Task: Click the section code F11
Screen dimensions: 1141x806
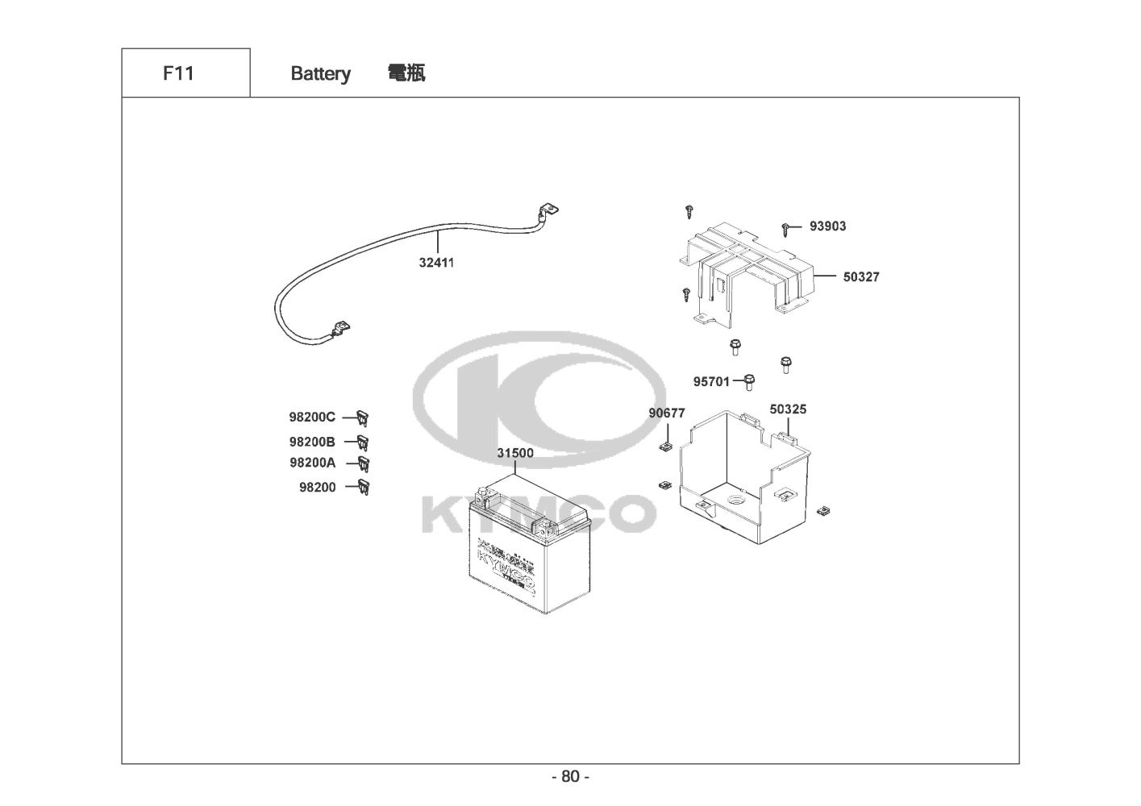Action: coord(178,73)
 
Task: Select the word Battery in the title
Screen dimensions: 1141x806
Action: coord(320,74)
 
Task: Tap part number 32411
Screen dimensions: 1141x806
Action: coord(436,262)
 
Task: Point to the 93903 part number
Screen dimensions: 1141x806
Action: coord(827,226)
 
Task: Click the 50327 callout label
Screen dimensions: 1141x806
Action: coord(861,276)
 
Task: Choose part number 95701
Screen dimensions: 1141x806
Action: coord(711,381)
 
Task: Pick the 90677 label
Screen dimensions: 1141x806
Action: coord(667,413)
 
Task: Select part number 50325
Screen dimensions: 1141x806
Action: coord(788,409)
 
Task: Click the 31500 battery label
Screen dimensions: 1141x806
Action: coord(514,453)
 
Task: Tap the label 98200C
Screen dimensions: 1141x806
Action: coord(312,418)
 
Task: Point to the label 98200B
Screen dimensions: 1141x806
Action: coord(312,442)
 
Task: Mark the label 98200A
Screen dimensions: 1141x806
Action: coord(312,463)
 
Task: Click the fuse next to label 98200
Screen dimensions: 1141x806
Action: coord(364,486)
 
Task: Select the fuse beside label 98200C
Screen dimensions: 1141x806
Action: coord(364,418)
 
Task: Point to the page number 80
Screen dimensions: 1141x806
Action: coord(570,777)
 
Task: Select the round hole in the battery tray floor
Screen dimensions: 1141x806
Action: coord(737,501)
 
